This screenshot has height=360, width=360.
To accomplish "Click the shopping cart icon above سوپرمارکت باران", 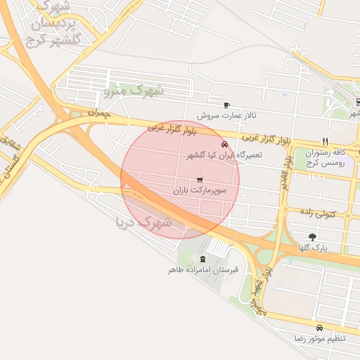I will [x=201, y=179].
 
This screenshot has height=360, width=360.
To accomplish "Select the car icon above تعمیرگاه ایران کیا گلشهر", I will [x=225, y=144].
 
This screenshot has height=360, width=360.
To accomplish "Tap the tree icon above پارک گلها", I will [x=312, y=237].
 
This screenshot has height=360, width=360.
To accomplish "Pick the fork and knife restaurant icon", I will [x=325, y=141].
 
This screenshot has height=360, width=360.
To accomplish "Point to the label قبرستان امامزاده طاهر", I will [x=203, y=269].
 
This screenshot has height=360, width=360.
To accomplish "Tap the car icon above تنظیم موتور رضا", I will [x=320, y=328].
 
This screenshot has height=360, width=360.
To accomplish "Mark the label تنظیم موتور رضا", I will [x=320, y=339].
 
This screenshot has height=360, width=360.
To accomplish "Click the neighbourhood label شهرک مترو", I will [x=134, y=90].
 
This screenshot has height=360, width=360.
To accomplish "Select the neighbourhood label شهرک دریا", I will [x=143, y=222].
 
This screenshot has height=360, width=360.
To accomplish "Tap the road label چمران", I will [x=101, y=112].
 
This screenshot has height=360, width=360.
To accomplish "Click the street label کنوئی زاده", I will [x=319, y=212].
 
